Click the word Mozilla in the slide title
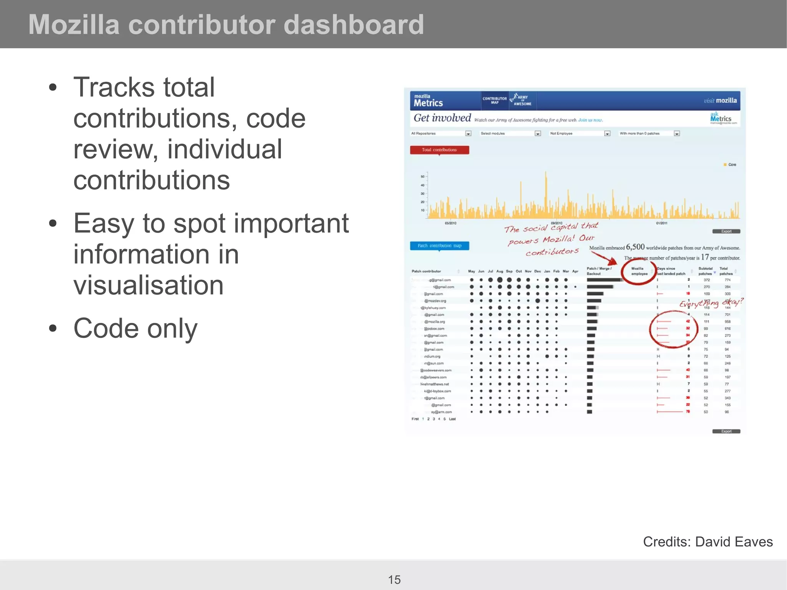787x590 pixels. coord(74,25)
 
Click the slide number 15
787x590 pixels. coord(394,579)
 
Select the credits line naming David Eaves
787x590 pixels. coord(707,542)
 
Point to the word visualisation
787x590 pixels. coord(148,285)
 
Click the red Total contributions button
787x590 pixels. coord(439,150)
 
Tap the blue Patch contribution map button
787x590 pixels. coord(439,246)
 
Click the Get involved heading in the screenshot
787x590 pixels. coord(442,118)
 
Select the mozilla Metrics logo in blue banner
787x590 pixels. coord(428,101)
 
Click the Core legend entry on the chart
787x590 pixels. coord(730,165)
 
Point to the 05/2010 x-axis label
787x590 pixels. coord(450,223)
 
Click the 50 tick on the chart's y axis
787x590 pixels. coord(422,177)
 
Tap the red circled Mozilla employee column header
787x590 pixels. coord(639,271)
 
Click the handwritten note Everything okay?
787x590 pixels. coord(711,303)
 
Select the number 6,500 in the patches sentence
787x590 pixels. coord(635,247)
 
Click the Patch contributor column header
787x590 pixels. coord(426,271)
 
